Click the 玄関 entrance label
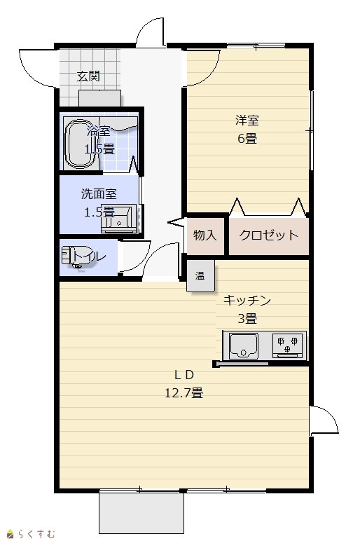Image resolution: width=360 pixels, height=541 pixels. click(88, 76)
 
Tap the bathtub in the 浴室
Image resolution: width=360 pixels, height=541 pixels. click(81, 144)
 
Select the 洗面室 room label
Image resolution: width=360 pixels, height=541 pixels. click(99, 194)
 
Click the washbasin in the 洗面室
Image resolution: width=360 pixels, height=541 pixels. click(118, 219)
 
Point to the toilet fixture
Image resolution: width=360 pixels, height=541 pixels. click(79, 257)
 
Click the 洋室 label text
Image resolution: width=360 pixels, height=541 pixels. click(247, 120)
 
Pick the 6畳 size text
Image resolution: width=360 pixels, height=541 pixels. click(247, 139)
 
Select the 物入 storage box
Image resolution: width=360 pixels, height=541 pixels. click(205, 235)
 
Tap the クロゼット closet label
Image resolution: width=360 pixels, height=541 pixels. click(268, 235)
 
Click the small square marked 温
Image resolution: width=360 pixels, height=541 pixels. click(200, 275)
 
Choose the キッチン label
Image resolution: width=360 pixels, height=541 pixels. click(247, 300)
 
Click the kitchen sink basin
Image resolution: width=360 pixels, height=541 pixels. click(244, 345)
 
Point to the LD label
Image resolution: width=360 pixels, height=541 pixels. click(184, 374)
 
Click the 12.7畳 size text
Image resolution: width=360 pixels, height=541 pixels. click(184, 393)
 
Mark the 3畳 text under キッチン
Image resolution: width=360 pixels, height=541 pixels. click(247, 319)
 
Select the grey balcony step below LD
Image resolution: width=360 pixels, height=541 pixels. click(141, 513)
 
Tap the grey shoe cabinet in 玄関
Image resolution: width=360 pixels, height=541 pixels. click(99, 99)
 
